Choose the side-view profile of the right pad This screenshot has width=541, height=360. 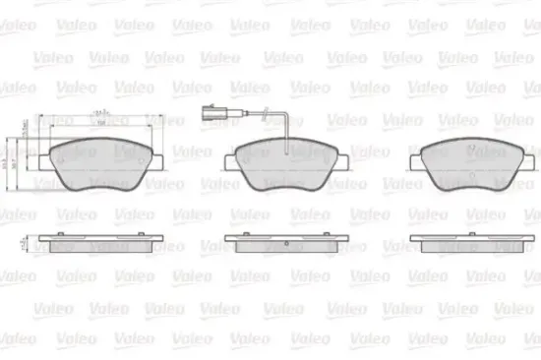465,240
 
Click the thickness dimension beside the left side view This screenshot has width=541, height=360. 24,240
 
